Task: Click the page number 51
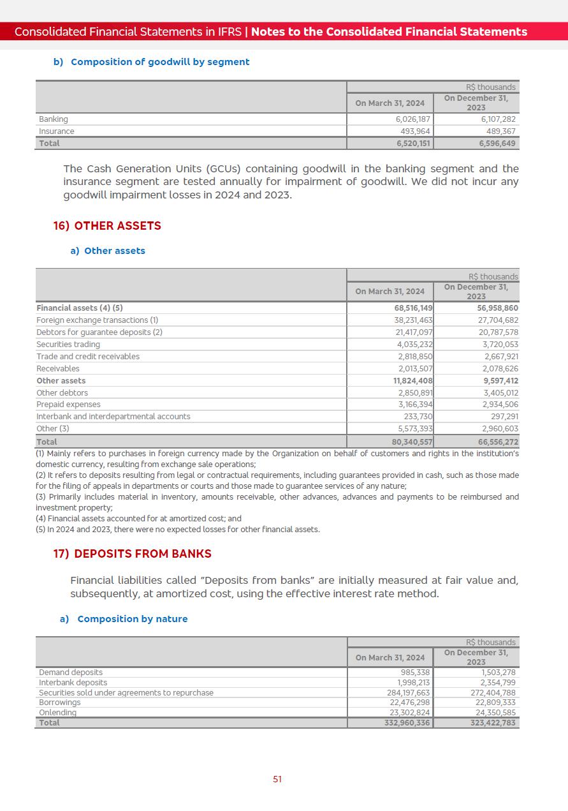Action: [277, 779]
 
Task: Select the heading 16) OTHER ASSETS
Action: [107, 226]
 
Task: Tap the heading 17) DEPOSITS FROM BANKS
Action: [132, 554]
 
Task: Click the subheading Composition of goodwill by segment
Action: [160, 62]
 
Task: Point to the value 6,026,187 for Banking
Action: [412, 119]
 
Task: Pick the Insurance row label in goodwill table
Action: [56, 131]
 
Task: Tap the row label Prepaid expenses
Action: [68, 405]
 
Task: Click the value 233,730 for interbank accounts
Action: [418, 417]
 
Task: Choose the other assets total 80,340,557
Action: [412, 442]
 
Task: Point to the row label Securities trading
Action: [68, 345]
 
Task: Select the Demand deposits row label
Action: [71, 673]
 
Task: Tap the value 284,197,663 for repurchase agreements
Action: [408, 693]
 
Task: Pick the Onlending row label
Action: [57, 713]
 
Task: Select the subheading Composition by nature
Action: [132, 619]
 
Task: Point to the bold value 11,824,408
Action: [412, 381]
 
